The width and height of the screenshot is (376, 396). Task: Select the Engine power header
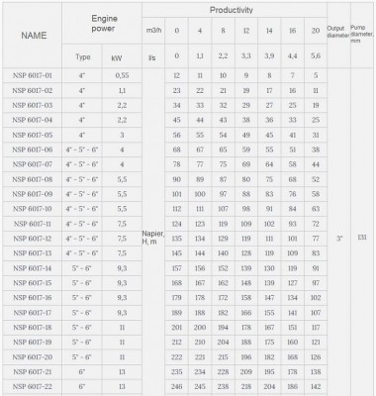click(x=103, y=23)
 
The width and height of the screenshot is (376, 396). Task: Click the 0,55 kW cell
click(x=122, y=74)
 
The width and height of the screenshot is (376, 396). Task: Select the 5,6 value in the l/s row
click(x=314, y=57)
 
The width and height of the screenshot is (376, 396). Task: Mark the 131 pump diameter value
click(x=363, y=238)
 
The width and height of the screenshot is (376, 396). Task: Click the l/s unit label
click(x=152, y=57)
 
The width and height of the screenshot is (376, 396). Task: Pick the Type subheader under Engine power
click(x=82, y=57)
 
